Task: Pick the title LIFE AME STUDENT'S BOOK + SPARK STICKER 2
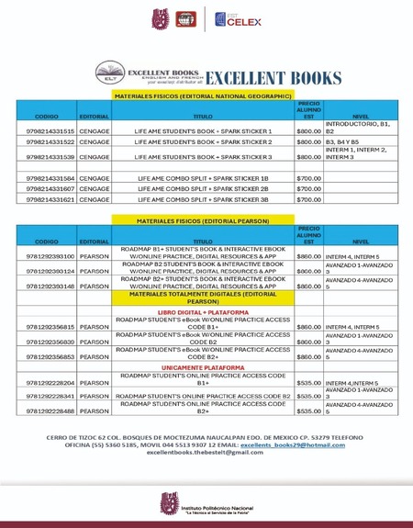[203, 142]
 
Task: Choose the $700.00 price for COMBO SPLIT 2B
[309, 188]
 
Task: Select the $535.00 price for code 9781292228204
[309, 382]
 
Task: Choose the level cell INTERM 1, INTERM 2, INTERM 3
[357, 153]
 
